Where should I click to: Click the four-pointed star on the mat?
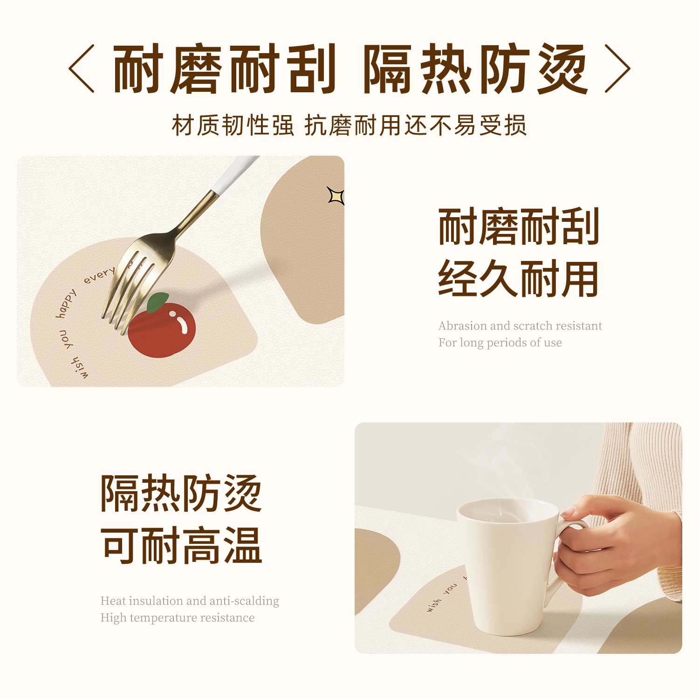point(336,196)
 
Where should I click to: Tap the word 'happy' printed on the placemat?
point(66,304)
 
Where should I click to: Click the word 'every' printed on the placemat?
point(99,275)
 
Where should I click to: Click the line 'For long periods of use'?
point(500,343)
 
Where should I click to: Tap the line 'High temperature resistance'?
point(178,617)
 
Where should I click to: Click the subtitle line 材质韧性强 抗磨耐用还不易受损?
point(349,125)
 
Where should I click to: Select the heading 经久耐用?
point(518,279)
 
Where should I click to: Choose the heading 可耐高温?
point(181,545)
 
